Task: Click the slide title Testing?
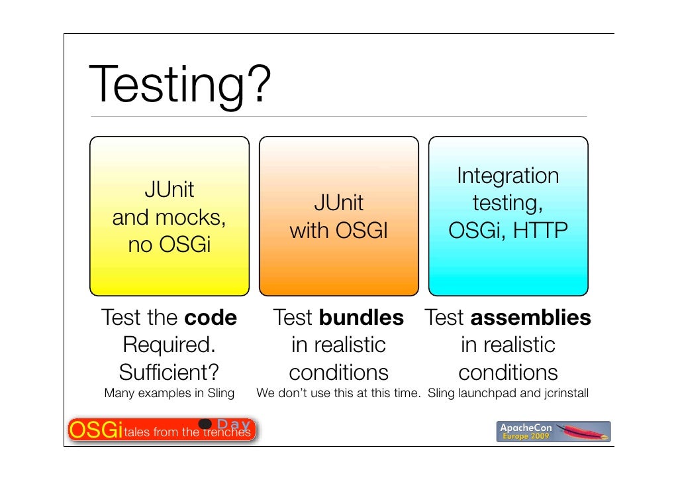(179, 86)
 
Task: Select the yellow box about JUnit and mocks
(169, 215)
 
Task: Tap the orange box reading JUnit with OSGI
(338, 215)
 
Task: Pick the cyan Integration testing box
(508, 215)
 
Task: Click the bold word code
(211, 318)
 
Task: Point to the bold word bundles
(361, 318)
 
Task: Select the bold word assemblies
(530, 318)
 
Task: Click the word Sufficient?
(169, 371)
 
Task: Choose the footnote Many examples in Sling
(169, 393)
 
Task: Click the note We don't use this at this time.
(338, 393)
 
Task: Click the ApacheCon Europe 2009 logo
(554, 431)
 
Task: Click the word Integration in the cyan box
(508, 176)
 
